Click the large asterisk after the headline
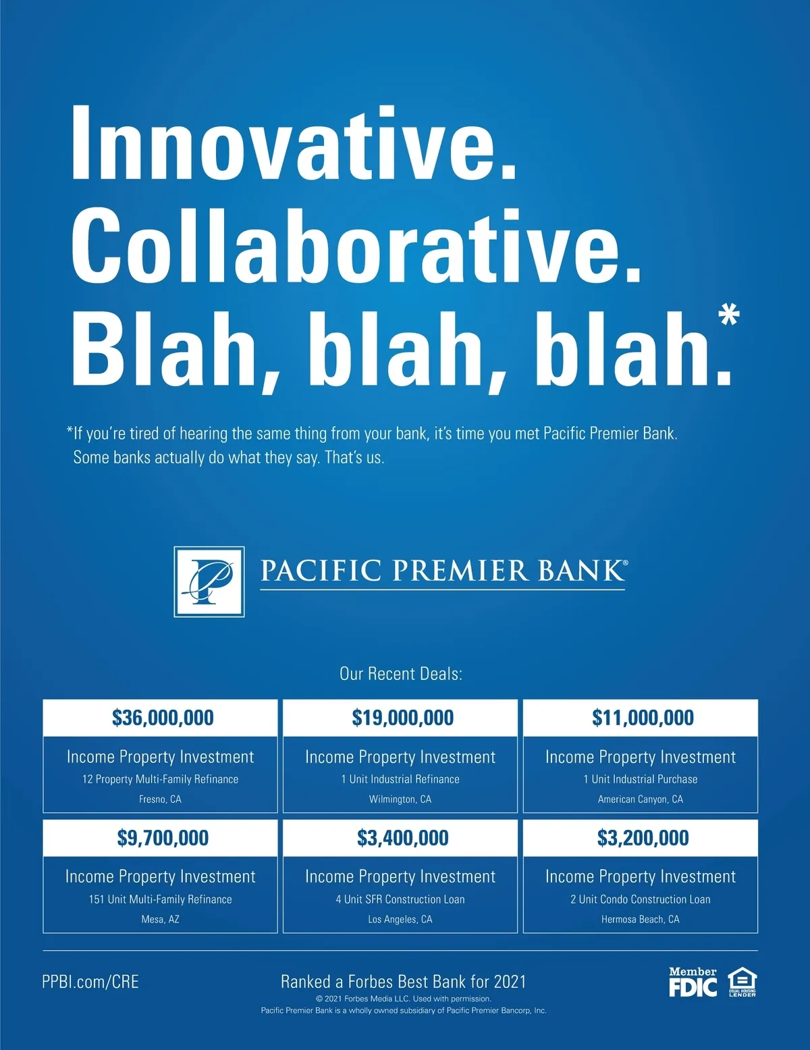[729, 315]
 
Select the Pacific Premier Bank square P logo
[209, 581]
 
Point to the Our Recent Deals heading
[401, 674]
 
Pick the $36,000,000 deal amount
[163, 718]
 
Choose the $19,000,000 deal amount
[403, 718]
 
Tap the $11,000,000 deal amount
[643, 718]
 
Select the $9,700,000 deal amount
[163, 837]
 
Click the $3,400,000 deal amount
[403, 837]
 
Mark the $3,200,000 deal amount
[643, 837]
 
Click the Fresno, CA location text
[161, 799]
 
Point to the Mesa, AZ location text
[161, 919]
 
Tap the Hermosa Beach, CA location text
[641, 919]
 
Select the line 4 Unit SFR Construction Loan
[400, 899]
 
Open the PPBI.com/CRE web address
[90, 982]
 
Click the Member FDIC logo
[693, 981]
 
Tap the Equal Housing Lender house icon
[742, 981]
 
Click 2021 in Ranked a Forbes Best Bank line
[510, 982]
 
